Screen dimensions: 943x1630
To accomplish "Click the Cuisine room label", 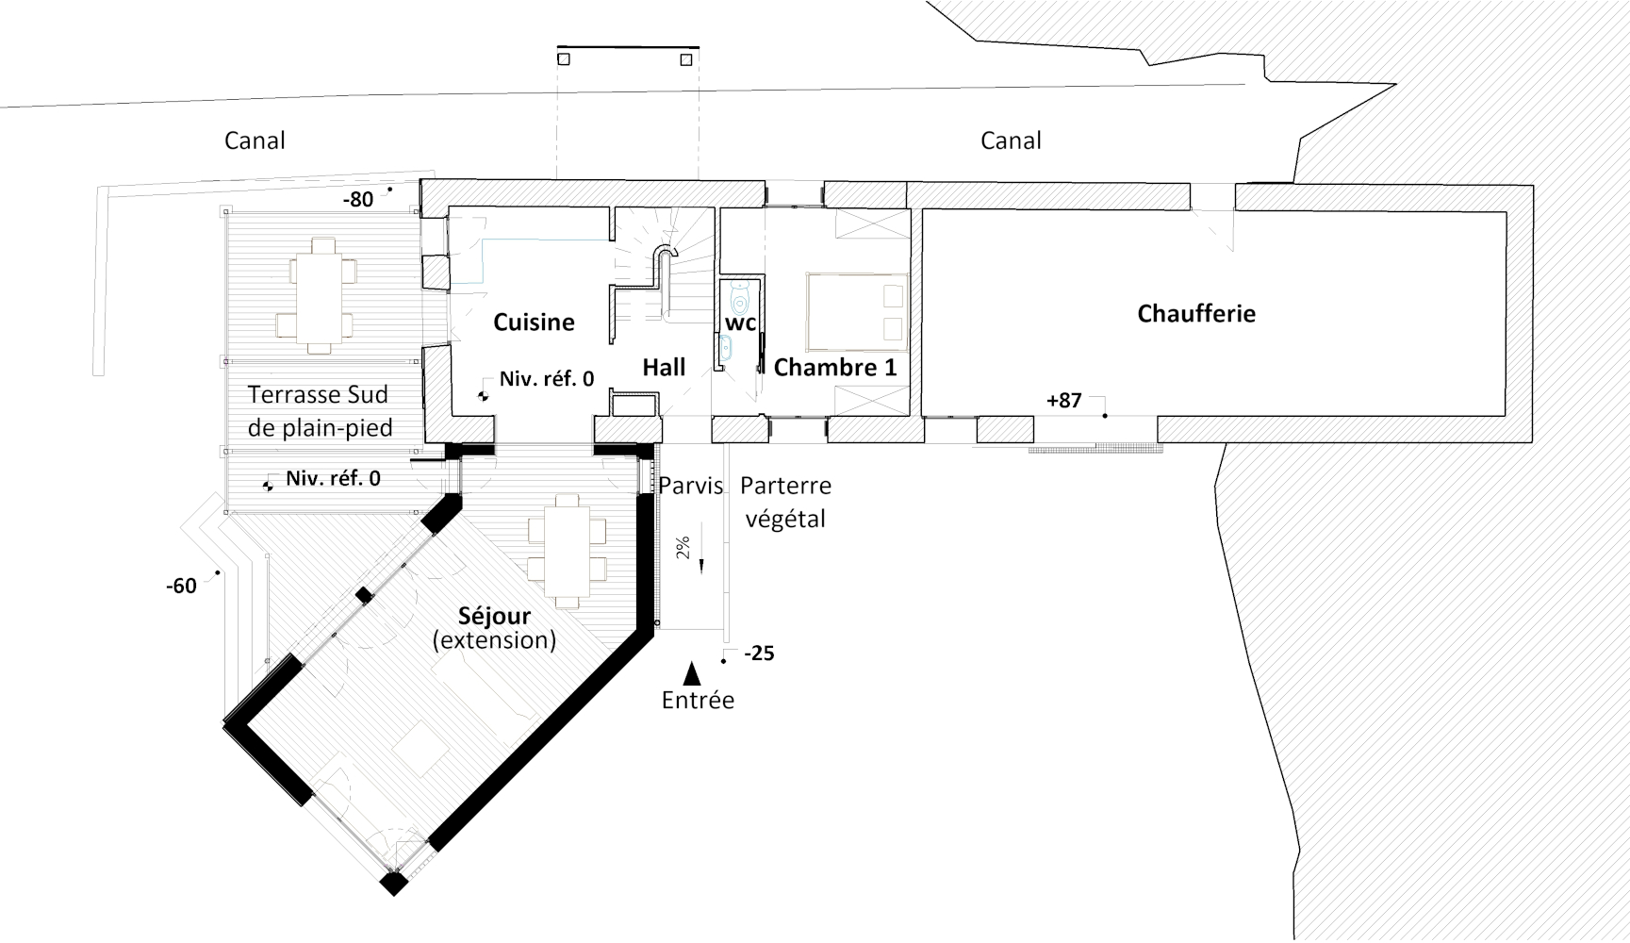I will [534, 323].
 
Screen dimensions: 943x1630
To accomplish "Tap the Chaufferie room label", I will [1196, 314].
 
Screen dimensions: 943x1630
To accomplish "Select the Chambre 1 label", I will [835, 368].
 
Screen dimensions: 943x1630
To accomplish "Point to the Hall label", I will [664, 368].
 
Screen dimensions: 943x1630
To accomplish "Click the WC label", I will [740, 323].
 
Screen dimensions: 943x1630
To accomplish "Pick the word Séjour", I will [494, 617].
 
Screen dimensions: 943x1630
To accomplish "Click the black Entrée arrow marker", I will [692, 672].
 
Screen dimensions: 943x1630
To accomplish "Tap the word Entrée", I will [698, 701].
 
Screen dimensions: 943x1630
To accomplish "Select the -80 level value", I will [357, 200].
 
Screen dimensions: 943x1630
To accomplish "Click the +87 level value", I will [1063, 401].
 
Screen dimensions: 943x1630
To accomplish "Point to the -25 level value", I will [759, 653].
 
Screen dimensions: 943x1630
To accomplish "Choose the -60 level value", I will [181, 587].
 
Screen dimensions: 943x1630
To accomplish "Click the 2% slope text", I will [683, 548].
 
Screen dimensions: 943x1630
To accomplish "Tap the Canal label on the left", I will [255, 141].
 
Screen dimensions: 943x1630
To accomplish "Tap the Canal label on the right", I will [1011, 141].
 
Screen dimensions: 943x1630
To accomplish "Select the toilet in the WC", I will [739, 298].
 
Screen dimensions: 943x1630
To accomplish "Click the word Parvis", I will [691, 487].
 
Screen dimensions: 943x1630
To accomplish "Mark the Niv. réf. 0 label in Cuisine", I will [547, 379].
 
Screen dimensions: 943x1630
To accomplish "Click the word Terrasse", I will [286, 395].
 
